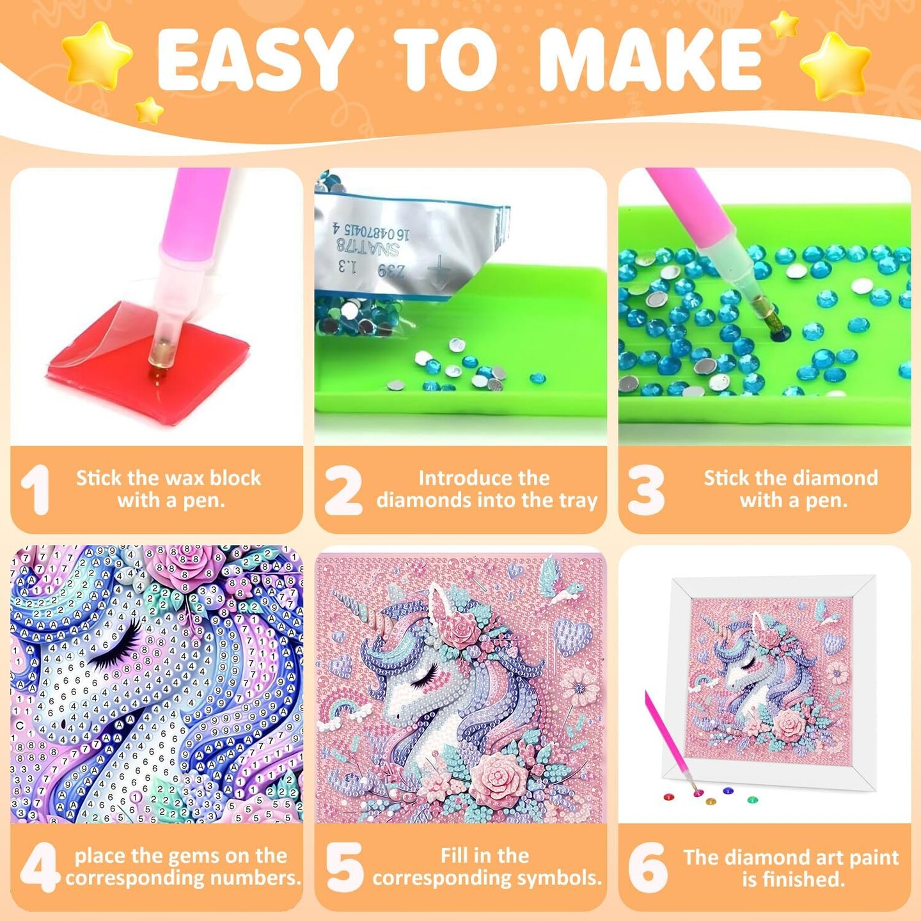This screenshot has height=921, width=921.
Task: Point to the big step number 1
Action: coord(36,489)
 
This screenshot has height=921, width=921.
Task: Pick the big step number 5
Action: coord(344,867)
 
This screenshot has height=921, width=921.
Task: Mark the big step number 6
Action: coord(647,867)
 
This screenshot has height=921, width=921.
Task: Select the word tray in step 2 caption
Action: coord(578,500)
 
